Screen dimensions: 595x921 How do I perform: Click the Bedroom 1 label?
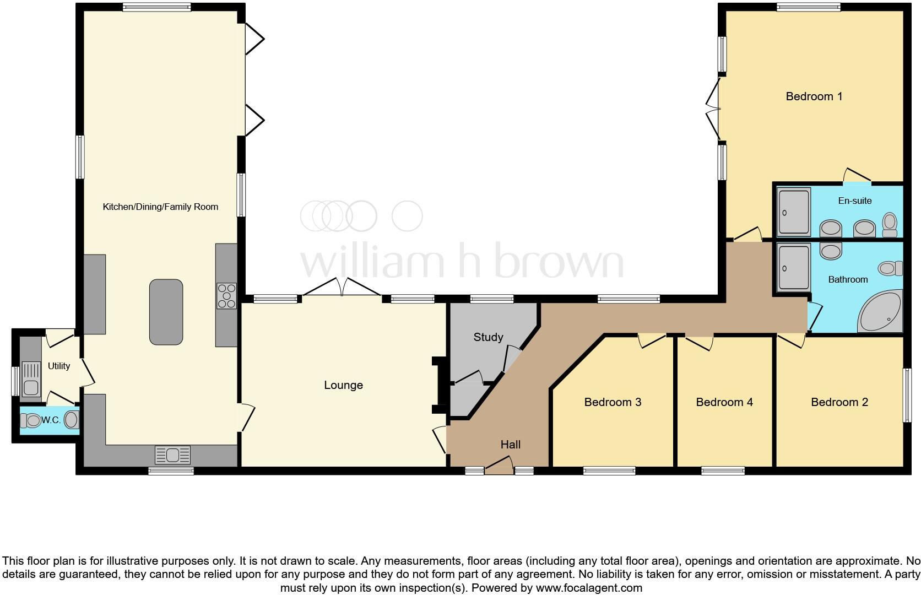pyautogui.click(x=814, y=96)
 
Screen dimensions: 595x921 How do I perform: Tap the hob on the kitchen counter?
pyautogui.click(x=226, y=296)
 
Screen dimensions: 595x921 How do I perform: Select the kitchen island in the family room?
pyautogui.click(x=166, y=312)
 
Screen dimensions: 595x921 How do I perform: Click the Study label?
pyautogui.click(x=488, y=337)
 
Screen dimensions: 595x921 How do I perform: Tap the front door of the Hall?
pyautogui.click(x=499, y=470)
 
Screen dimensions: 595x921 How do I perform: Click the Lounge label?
pyautogui.click(x=343, y=385)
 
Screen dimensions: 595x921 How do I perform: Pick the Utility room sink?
pyautogui.click(x=31, y=380)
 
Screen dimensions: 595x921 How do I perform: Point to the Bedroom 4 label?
pyautogui.click(x=724, y=402)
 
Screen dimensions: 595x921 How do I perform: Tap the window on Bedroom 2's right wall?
pyautogui.click(x=906, y=395)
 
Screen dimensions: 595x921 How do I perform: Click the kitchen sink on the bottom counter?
pyautogui.click(x=173, y=455)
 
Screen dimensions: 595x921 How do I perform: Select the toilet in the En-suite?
pyautogui.click(x=889, y=224)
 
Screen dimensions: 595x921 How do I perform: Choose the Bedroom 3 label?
pyautogui.click(x=613, y=402)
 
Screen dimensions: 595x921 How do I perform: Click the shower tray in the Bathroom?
pyautogui.click(x=794, y=268)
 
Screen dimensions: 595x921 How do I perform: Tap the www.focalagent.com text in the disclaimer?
pyautogui.click(x=589, y=588)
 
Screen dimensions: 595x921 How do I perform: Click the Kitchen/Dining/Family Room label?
pyautogui.click(x=160, y=207)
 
